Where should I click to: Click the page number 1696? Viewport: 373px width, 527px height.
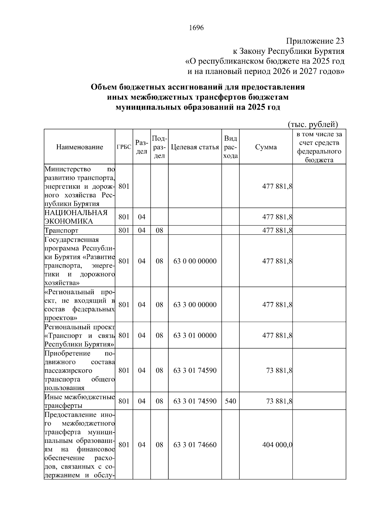pos(196,28)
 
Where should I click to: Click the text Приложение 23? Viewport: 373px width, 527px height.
pos(315,41)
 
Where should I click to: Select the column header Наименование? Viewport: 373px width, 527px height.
pos(80,147)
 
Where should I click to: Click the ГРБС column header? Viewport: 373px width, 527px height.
pos(124,147)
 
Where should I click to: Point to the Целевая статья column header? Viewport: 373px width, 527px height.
pos(195,147)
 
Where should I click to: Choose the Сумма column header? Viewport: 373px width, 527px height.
pos(266,147)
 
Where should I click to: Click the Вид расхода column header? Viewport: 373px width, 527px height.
pos(230,147)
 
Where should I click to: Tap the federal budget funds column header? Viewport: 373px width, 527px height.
pos(319,147)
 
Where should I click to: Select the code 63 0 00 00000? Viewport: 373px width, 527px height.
pos(195,261)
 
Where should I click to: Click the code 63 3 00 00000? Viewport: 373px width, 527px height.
pos(195,305)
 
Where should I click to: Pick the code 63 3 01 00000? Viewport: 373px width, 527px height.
pos(195,336)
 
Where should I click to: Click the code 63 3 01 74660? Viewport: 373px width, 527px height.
pos(195,445)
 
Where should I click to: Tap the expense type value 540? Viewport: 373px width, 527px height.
pos(230,401)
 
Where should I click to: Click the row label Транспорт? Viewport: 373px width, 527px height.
pos(62,231)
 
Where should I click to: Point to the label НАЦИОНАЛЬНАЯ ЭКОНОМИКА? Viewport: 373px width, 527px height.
pos(76,217)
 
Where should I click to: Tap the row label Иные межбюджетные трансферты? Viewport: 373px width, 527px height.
pos(80,401)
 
